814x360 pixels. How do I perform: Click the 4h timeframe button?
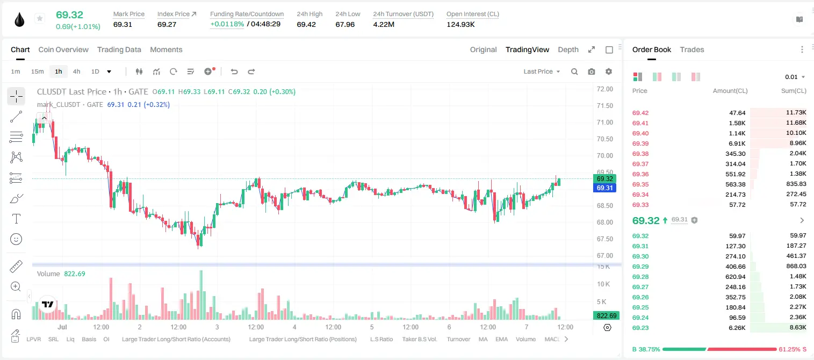(x=76, y=71)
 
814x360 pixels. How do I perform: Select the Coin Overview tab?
(x=63, y=49)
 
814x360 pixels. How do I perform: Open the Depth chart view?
(x=568, y=49)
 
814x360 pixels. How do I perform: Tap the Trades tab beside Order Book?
(x=692, y=49)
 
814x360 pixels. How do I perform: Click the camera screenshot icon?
(x=592, y=71)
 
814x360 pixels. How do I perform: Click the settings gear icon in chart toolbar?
(x=609, y=71)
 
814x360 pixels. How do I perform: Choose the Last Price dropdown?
(x=542, y=71)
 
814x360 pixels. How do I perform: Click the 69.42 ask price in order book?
(x=640, y=113)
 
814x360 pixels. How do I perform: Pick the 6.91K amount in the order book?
(x=737, y=143)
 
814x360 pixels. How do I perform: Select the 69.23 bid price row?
(x=640, y=328)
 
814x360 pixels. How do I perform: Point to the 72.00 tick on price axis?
(x=604, y=89)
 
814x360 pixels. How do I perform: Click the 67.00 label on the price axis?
(x=604, y=256)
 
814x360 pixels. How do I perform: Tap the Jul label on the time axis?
(x=62, y=327)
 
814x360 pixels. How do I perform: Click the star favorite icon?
(x=40, y=18)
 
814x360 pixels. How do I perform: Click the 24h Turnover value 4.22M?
(x=384, y=24)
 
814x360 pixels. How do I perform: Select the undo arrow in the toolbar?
(x=234, y=71)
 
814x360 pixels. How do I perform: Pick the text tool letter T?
(x=16, y=219)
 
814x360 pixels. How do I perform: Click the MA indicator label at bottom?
(x=483, y=339)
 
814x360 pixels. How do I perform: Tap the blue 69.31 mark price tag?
(x=604, y=188)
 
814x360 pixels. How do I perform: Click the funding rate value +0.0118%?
(x=227, y=24)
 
